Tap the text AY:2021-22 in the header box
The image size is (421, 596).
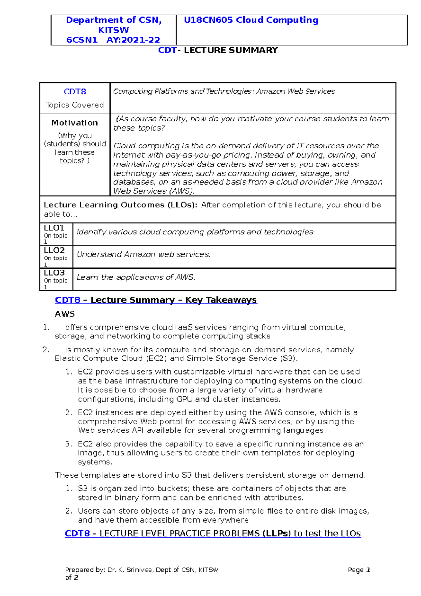click(x=133, y=40)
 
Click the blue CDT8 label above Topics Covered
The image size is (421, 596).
click(x=75, y=92)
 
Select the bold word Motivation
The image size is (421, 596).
click(x=75, y=122)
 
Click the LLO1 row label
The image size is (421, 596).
click(x=54, y=228)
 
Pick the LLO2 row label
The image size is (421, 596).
click(x=54, y=250)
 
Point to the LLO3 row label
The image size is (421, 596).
click(x=54, y=273)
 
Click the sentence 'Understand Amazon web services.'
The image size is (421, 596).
click(x=143, y=254)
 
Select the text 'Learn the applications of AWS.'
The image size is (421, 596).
click(x=136, y=277)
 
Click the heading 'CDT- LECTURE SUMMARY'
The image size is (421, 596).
click(x=218, y=50)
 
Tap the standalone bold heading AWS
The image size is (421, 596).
click(x=65, y=314)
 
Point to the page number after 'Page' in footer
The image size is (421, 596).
click(x=368, y=570)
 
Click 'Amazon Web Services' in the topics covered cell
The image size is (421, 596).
click(x=295, y=91)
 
